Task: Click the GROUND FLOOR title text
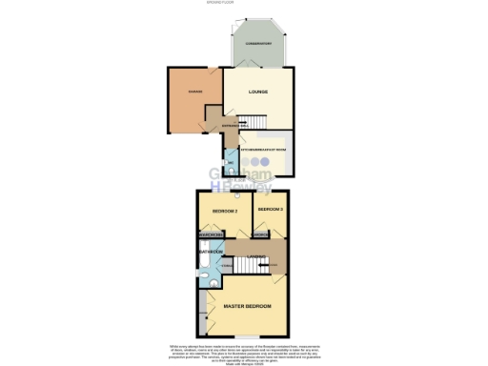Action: (x=244, y=4)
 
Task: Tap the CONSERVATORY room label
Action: (x=254, y=43)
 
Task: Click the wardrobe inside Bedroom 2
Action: (x=211, y=234)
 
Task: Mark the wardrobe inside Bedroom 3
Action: (x=261, y=234)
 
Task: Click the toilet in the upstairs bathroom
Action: (x=205, y=247)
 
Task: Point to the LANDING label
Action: (x=273, y=264)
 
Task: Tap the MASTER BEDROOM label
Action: (x=248, y=307)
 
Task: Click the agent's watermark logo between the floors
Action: (x=244, y=178)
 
